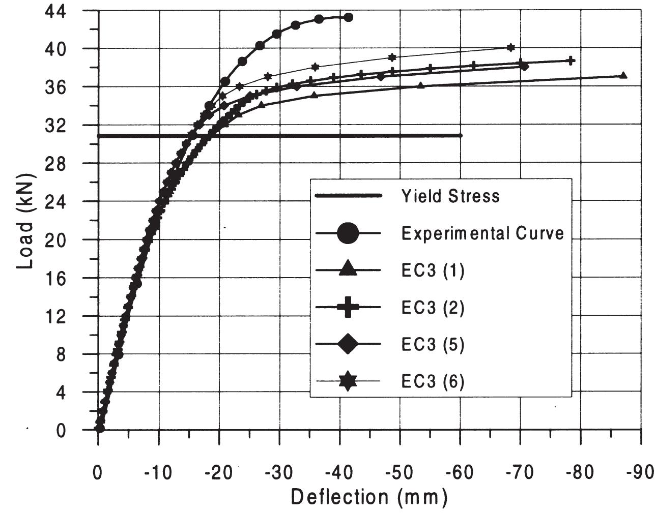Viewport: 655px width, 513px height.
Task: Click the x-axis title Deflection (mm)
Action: click(369, 497)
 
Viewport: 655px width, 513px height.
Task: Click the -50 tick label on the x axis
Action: click(399, 472)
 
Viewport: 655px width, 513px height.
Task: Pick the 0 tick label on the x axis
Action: click(98, 472)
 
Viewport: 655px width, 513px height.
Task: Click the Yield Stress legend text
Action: click(450, 196)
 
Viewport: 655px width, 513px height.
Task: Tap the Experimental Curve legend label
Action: click(482, 233)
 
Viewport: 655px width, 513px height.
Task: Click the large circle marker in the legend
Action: click(348, 233)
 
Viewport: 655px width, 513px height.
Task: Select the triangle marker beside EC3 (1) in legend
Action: click(348, 269)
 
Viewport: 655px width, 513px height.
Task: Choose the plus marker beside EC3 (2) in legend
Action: click(348, 307)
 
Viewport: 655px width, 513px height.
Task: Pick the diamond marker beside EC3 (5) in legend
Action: click(348, 344)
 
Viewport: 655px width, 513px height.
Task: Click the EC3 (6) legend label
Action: click(433, 381)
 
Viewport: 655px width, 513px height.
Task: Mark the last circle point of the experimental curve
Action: click(348, 17)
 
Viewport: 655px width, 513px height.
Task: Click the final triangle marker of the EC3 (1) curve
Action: click(623, 75)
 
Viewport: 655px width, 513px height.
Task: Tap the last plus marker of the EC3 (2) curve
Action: click(571, 61)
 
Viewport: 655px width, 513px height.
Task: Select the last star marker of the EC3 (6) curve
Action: click(511, 47)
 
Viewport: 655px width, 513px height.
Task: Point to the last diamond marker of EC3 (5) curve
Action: click(524, 67)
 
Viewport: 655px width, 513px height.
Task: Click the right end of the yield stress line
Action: click(461, 135)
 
